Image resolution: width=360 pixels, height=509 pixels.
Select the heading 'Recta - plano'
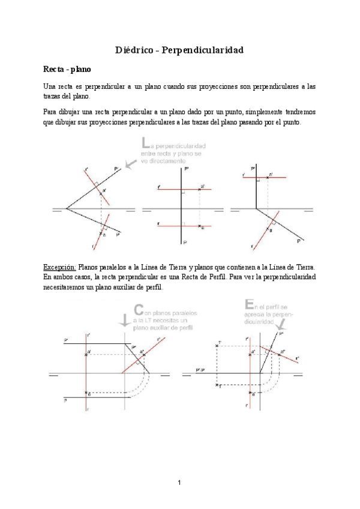(x=67, y=70)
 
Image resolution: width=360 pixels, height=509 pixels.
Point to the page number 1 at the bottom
(x=179, y=482)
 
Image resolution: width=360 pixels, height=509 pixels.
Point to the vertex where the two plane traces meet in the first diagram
(x=66, y=209)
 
